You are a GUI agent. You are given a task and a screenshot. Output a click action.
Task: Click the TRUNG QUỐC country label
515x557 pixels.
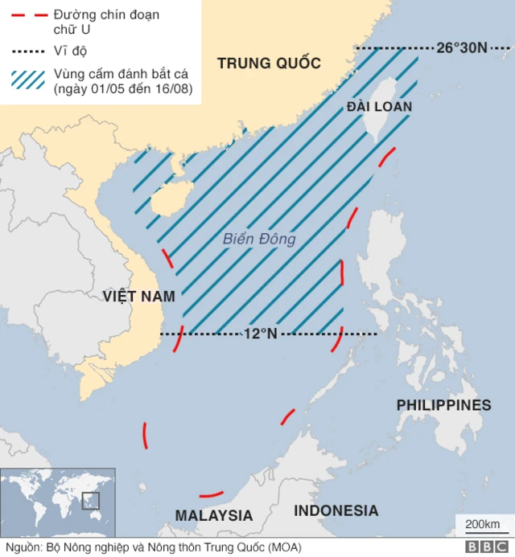[269, 63]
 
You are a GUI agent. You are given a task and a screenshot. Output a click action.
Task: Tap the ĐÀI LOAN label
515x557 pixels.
[380, 107]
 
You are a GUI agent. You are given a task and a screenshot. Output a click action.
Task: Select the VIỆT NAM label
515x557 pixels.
[138, 297]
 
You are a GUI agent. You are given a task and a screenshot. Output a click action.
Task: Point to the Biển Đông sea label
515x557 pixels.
[259, 239]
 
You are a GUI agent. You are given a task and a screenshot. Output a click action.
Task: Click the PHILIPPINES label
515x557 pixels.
[443, 404]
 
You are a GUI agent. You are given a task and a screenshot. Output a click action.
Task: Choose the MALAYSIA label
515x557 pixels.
[214, 515]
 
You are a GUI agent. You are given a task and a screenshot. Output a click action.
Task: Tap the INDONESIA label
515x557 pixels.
[336, 510]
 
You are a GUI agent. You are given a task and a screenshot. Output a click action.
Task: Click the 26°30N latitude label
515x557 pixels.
[462, 47]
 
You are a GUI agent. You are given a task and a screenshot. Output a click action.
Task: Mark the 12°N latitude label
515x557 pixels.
[260, 333]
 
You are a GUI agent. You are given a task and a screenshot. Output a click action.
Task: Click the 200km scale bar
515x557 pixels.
[482, 526]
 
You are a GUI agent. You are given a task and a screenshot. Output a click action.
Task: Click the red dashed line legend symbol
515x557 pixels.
[25, 14]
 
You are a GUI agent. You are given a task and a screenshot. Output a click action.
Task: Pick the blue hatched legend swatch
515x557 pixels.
[25, 79]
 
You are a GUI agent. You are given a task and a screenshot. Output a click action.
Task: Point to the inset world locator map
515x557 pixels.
[58, 500]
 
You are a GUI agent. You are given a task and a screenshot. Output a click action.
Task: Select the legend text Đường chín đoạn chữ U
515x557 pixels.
[105, 22]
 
